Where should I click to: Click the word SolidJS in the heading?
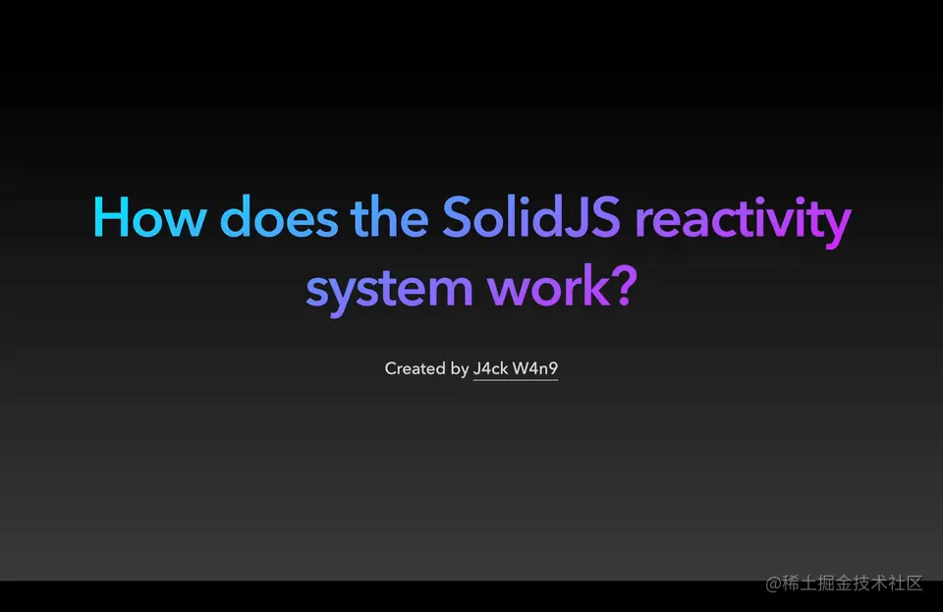[531, 217]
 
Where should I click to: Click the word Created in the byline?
[415, 368]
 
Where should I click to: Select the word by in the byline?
[459, 369]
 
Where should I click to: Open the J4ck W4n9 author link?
[516, 368]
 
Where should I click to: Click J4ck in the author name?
[490, 368]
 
